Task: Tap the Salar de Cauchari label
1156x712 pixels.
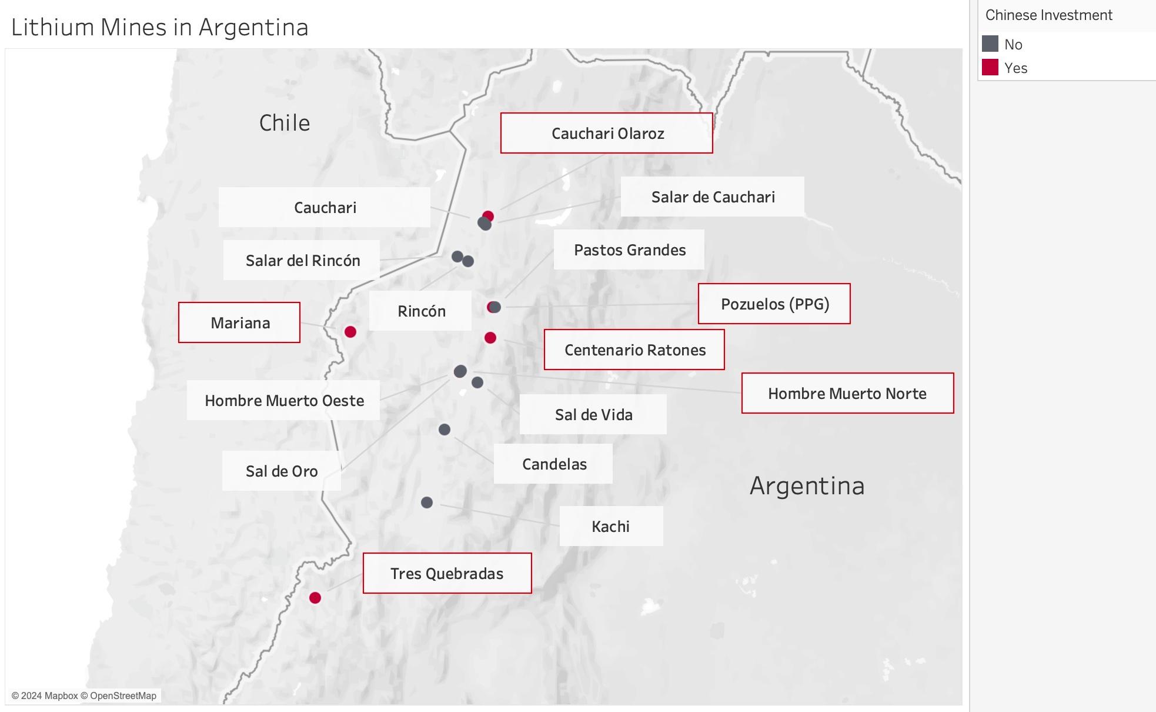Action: [713, 197]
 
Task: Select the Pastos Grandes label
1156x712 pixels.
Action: [629, 250]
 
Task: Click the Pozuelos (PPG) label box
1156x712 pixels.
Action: [774, 304]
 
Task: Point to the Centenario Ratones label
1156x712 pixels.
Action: [634, 350]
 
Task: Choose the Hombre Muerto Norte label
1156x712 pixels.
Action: [847, 394]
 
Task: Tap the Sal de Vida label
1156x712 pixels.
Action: [593, 415]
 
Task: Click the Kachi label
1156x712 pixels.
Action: [611, 527]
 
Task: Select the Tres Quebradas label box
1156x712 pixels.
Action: [447, 574]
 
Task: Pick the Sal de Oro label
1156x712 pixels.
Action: [282, 471]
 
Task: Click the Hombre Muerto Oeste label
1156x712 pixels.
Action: [284, 401]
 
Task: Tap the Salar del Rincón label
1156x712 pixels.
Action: [302, 261]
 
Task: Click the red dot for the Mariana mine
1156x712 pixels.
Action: [350, 332]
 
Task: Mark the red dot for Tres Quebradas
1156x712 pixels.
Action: [315, 598]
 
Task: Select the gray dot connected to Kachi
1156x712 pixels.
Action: [427, 503]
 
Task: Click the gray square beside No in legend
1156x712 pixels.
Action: [990, 44]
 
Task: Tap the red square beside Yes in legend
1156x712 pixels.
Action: [990, 68]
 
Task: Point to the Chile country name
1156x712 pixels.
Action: [285, 123]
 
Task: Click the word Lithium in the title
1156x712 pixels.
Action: [52, 28]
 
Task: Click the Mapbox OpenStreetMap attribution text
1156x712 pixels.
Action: [84, 696]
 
